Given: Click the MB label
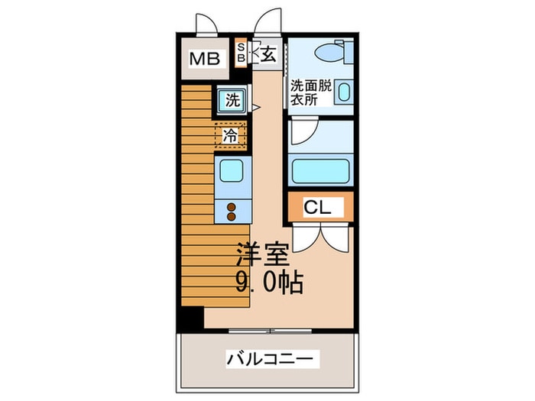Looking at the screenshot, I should click(x=203, y=59).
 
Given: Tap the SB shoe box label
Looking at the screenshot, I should click(x=239, y=53).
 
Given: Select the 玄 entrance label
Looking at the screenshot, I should click(x=268, y=53).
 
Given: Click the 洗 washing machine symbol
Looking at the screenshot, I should click(x=232, y=99).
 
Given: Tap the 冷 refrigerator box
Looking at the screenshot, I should click(x=230, y=135).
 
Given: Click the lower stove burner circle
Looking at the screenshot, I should click(x=230, y=216).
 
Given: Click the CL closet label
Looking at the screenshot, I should click(x=317, y=206).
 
